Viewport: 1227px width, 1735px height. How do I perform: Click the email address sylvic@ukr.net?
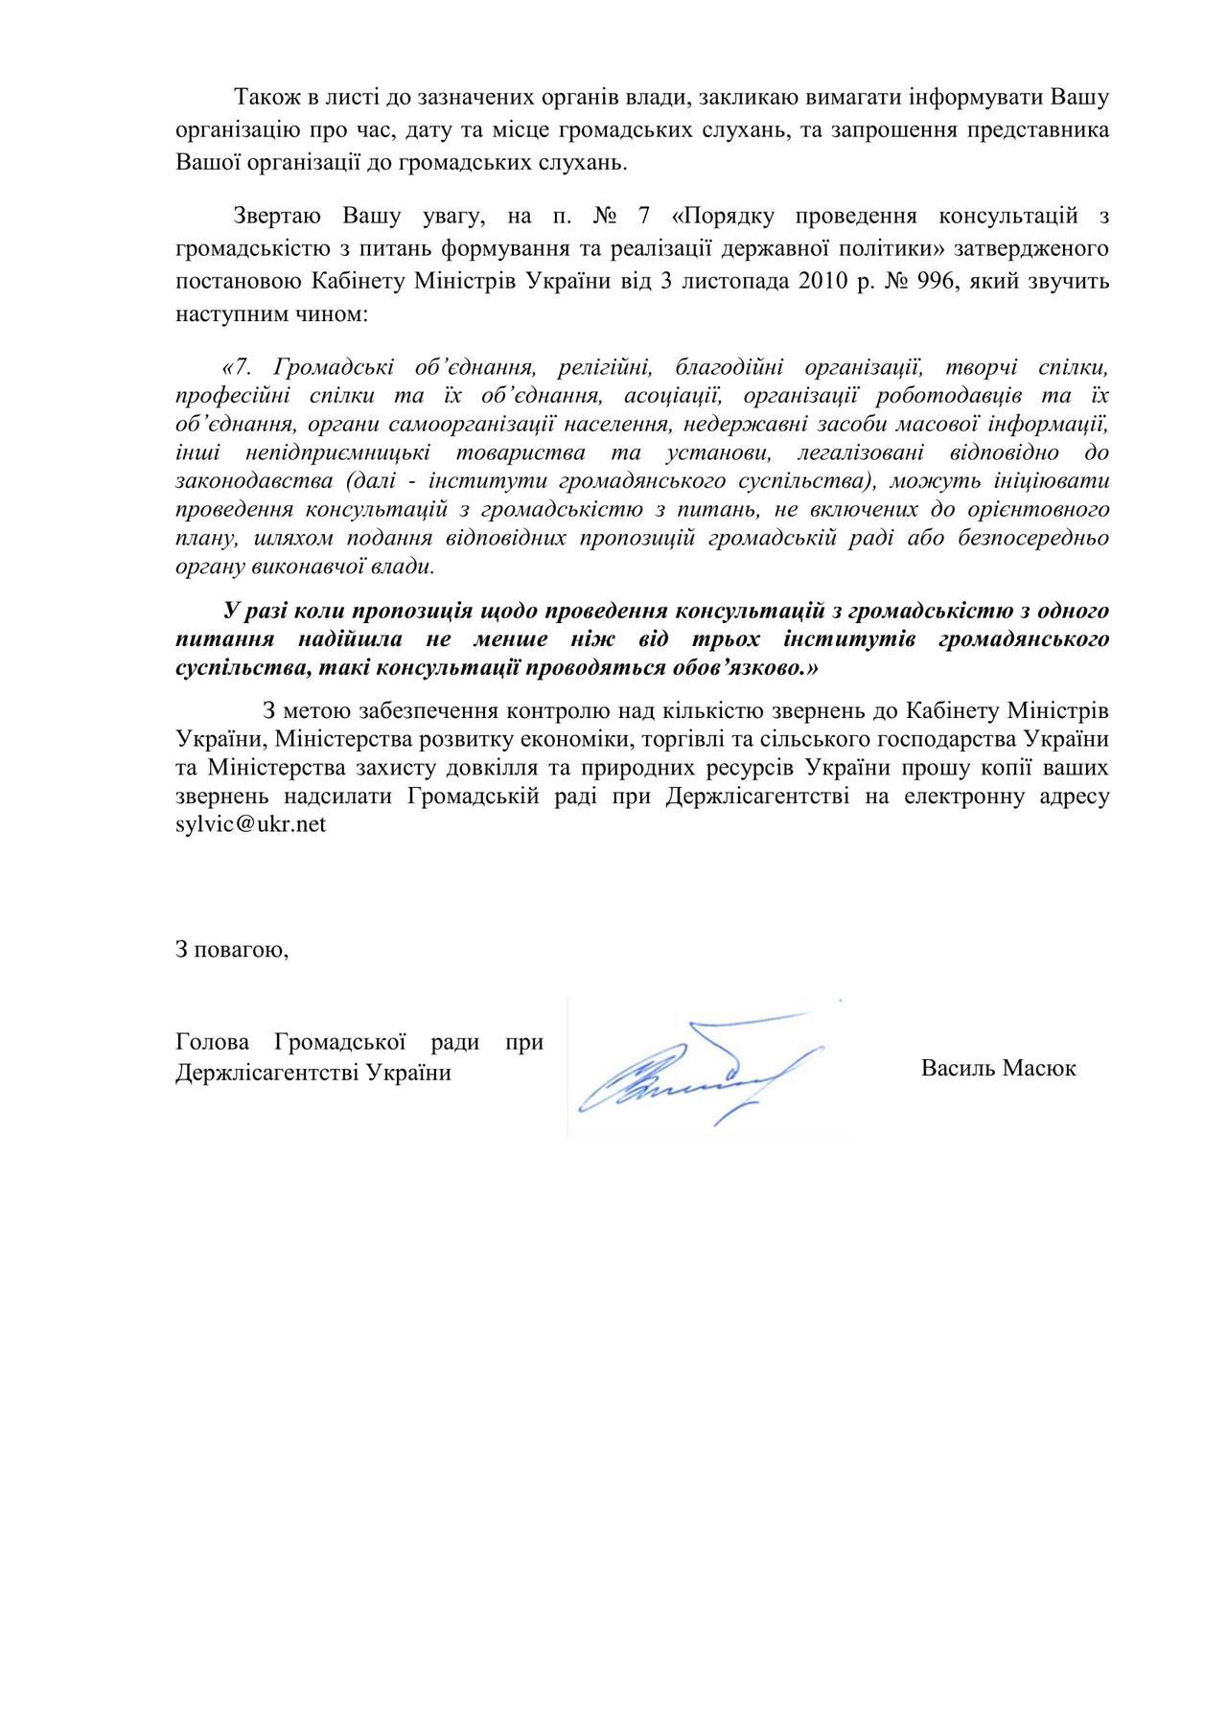(251, 824)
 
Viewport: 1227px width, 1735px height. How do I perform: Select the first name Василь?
(958, 1068)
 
